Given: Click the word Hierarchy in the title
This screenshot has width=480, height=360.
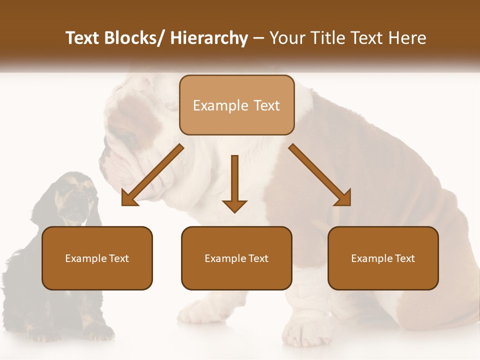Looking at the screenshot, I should click(208, 38).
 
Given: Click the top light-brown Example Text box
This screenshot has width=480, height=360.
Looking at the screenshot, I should click(236, 105).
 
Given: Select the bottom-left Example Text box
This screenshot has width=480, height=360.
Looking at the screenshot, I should click(97, 258).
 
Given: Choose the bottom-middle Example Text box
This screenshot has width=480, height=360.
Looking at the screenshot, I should click(236, 258).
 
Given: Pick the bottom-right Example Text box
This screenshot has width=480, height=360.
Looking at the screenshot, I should click(383, 258).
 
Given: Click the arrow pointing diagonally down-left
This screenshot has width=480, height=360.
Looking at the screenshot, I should click(152, 175).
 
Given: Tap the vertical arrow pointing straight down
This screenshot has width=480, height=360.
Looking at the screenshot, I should click(234, 182).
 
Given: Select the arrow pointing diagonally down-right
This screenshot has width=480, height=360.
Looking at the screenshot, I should click(319, 174).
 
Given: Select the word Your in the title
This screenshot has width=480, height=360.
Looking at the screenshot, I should click(287, 38).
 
